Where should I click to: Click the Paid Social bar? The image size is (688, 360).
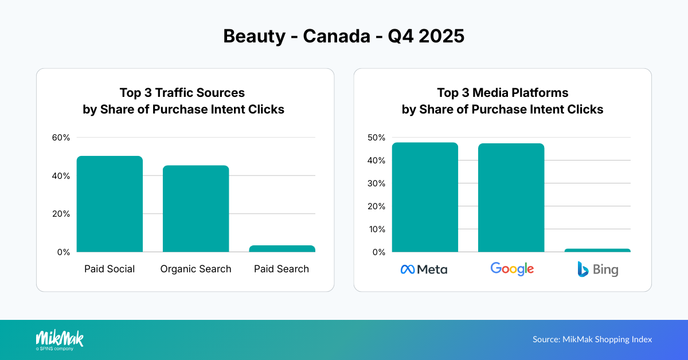click(x=110, y=204)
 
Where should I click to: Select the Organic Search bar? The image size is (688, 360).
click(x=196, y=209)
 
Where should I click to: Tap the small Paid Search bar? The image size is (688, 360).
click(x=282, y=249)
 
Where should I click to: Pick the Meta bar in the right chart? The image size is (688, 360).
click(x=425, y=197)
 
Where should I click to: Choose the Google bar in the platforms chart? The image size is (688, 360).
click(x=511, y=198)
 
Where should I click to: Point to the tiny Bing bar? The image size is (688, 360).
click(x=597, y=251)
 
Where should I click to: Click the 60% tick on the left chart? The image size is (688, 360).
click(x=61, y=138)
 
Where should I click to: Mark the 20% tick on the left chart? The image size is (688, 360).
click(x=61, y=214)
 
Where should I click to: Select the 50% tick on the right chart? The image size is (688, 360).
click(x=377, y=138)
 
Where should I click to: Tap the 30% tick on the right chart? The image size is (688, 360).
click(x=377, y=183)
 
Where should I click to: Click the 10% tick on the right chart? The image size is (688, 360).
click(x=377, y=229)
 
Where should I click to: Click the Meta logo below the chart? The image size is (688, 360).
click(x=424, y=269)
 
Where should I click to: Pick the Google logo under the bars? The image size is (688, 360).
click(x=512, y=269)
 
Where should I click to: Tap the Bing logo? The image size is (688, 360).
click(x=597, y=269)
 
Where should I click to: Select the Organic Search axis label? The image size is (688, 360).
click(x=196, y=269)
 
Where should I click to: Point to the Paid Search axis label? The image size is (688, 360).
click(x=282, y=269)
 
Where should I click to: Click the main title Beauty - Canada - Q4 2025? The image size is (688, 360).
click(x=343, y=36)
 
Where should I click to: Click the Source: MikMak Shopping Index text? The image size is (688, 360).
click(x=592, y=339)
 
